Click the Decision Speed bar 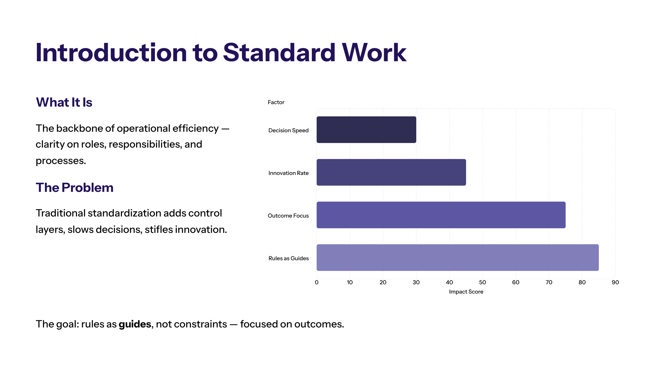pos(366,130)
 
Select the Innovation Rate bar pos(391,172)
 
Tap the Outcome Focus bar pos(441,215)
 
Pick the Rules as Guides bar pos(458,257)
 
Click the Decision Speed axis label pos(288,130)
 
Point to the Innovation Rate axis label pos(288,173)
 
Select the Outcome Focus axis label pos(288,216)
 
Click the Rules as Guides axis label pos(288,258)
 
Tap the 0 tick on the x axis pos(317,282)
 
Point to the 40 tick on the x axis pos(449,282)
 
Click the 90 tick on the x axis pos(615,282)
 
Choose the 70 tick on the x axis pos(549,282)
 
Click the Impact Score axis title pos(466,292)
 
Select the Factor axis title pos(276,102)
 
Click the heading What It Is pos(64,102)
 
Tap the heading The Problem pos(74,188)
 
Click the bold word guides pos(135,324)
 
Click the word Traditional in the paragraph pos(60,213)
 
